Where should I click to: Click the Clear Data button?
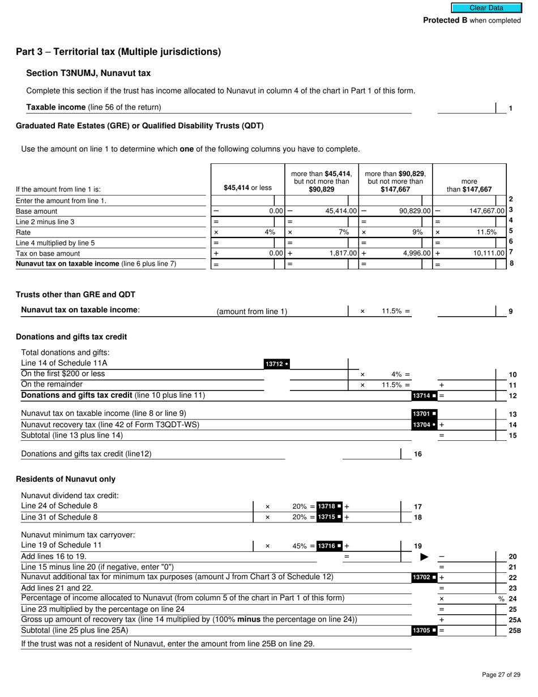point(486,8)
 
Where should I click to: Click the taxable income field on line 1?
point(466,108)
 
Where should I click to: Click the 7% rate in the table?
point(344,232)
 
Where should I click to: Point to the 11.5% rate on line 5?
point(486,232)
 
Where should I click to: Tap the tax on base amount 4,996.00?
point(417,253)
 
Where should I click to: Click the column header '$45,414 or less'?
point(247,188)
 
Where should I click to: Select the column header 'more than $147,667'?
point(469,185)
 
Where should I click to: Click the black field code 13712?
point(277,364)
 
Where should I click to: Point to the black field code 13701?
point(424,414)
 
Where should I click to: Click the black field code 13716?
point(329,546)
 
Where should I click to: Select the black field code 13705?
point(424,630)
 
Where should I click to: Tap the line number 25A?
point(515,620)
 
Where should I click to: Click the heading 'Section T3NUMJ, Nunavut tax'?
point(88,73)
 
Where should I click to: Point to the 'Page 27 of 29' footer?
point(501,674)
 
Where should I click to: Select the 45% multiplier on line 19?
point(300,546)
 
